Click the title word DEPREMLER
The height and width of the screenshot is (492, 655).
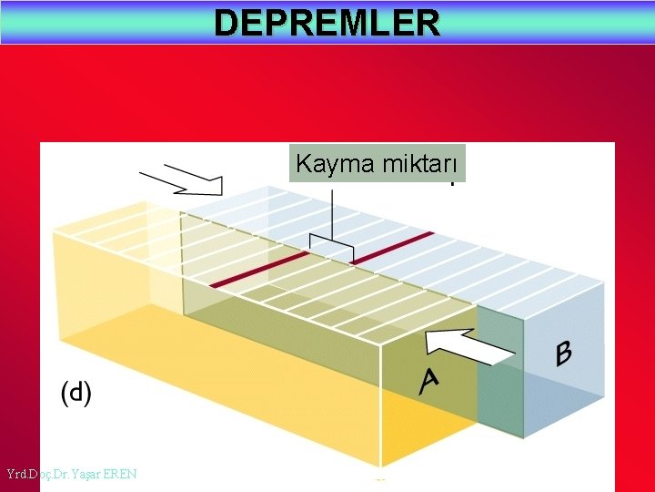pos(327,22)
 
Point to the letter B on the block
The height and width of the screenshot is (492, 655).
pos(564,354)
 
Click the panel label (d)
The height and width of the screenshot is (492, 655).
pos(76,394)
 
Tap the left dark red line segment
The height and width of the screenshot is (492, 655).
pos(260,270)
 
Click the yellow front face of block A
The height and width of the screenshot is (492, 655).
pos(218,383)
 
